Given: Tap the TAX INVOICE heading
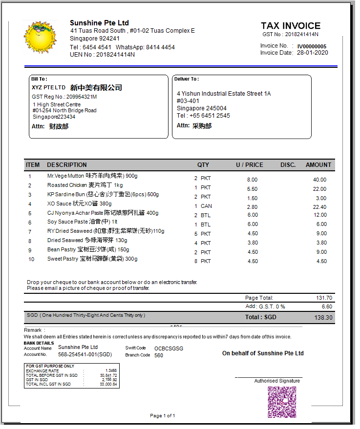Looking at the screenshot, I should [290, 26].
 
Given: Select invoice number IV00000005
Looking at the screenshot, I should [312, 46].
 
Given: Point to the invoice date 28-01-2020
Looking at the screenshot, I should [312, 53].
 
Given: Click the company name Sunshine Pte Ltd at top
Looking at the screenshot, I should [99, 23].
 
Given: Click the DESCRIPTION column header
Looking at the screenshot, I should [67, 165].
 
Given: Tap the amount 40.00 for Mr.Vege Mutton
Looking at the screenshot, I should [319, 180].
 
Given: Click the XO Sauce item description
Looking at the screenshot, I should [79, 204].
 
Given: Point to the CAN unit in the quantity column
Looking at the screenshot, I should [206, 206].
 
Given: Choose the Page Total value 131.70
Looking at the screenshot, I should [324, 298].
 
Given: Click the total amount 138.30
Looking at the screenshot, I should [323, 318].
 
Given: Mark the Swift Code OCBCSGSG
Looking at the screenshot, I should [169, 348].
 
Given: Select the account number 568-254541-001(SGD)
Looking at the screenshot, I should [85, 355].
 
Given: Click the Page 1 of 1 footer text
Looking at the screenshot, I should [163, 416].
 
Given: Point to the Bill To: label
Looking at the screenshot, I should [39, 79].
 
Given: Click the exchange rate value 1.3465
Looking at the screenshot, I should [111, 371].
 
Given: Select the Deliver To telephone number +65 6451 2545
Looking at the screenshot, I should [210, 116].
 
